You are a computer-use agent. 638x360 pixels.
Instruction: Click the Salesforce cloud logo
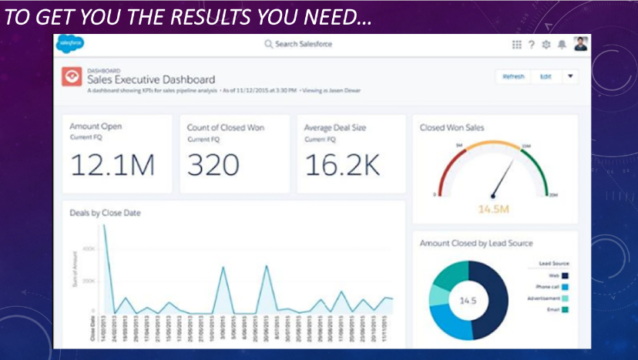(x=69, y=45)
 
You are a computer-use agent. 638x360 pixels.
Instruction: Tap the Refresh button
(x=513, y=77)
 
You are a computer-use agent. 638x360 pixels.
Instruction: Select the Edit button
(x=546, y=77)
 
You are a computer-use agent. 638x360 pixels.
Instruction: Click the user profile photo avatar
(x=580, y=44)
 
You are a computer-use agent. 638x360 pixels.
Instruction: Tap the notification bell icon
(x=562, y=45)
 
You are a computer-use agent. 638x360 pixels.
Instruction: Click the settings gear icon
(x=546, y=45)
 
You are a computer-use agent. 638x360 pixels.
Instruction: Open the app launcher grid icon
(x=516, y=45)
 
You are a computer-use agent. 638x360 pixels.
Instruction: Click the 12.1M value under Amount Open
(x=112, y=165)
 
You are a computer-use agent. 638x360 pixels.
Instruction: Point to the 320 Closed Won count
(x=213, y=165)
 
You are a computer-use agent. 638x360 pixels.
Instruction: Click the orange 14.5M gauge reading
(x=495, y=209)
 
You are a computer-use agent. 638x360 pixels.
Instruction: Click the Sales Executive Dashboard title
(x=151, y=79)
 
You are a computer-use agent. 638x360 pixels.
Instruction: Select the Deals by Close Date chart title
(x=105, y=213)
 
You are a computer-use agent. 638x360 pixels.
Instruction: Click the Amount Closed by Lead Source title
(x=475, y=244)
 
